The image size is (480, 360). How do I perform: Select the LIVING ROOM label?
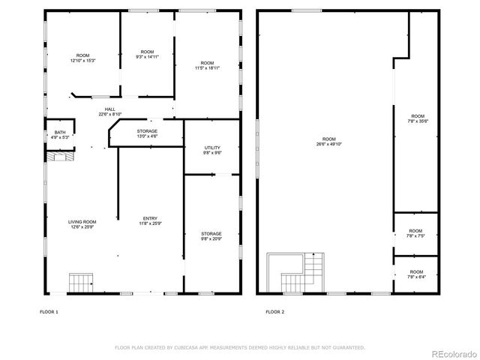[82, 220]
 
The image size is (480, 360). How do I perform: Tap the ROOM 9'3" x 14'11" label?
[147, 53]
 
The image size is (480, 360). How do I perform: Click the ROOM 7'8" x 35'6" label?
[417, 118]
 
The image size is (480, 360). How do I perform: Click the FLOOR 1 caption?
[49, 311]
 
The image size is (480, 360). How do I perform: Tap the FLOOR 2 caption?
[274, 311]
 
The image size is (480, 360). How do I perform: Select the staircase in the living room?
[79, 282]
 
